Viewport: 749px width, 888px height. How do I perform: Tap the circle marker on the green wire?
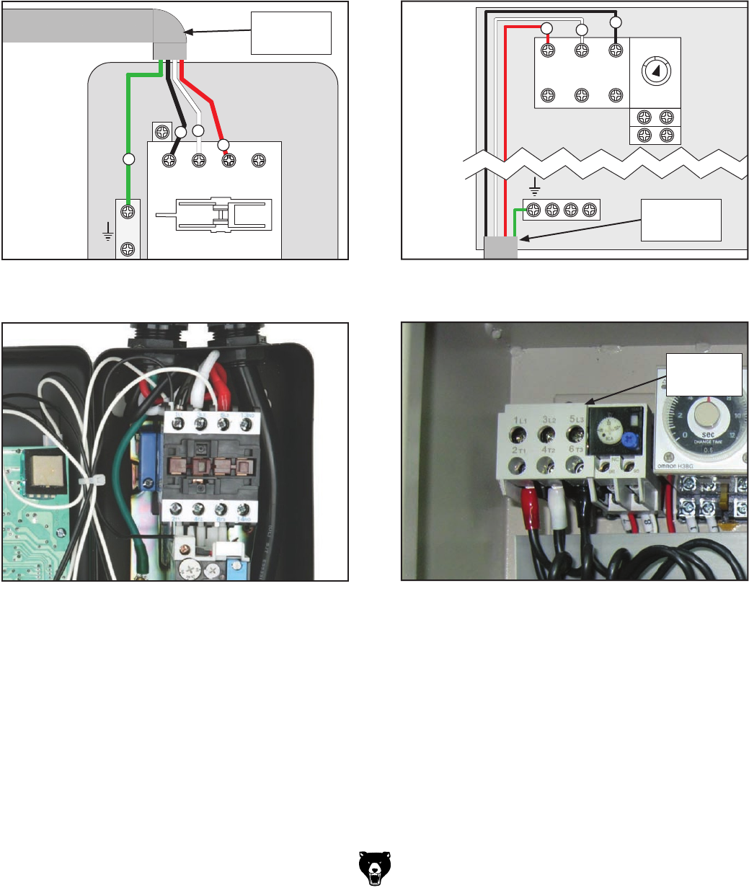pyautogui.click(x=128, y=158)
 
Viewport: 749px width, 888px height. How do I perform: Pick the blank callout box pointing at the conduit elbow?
pyautogui.click(x=291, y=33)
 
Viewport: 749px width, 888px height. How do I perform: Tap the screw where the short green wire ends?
pyautogui.click(x=534, y=210)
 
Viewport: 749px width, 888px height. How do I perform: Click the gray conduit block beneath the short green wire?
pyautogui.click(x=500, y=247)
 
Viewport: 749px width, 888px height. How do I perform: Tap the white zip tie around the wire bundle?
pyautogui.click(x=95, y=480)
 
